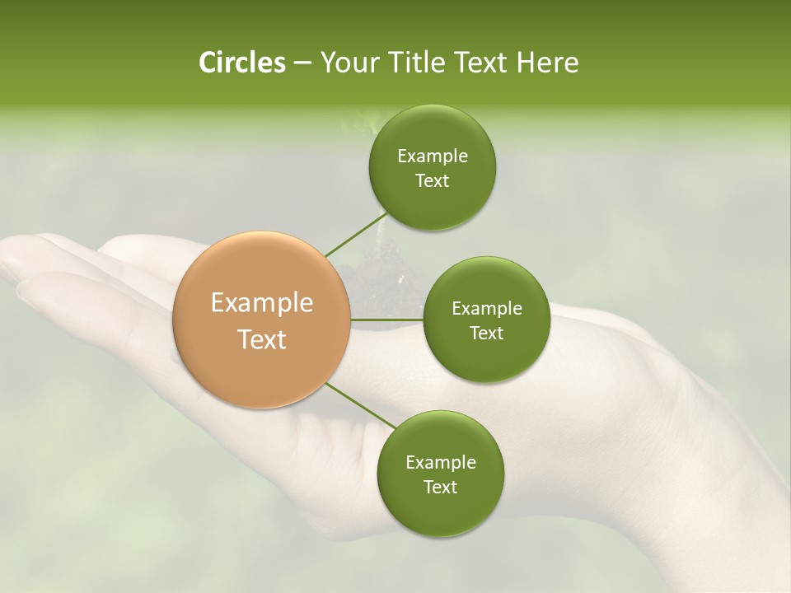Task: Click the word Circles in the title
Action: click(x=241, y=63)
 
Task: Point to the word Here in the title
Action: click(x=547, y=63)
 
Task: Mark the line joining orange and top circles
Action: click(x=354, y=235)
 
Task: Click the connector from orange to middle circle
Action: click(x=386, y=320)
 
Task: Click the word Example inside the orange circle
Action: click(x=261, y=303)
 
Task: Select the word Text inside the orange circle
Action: click(x=261, y=339)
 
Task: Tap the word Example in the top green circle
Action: click(x=432, y=156)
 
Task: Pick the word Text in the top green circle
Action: click(x=432, y=180)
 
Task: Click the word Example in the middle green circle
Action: click(x=486, y=308)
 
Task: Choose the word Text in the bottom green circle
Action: click(x=440, y=487)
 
